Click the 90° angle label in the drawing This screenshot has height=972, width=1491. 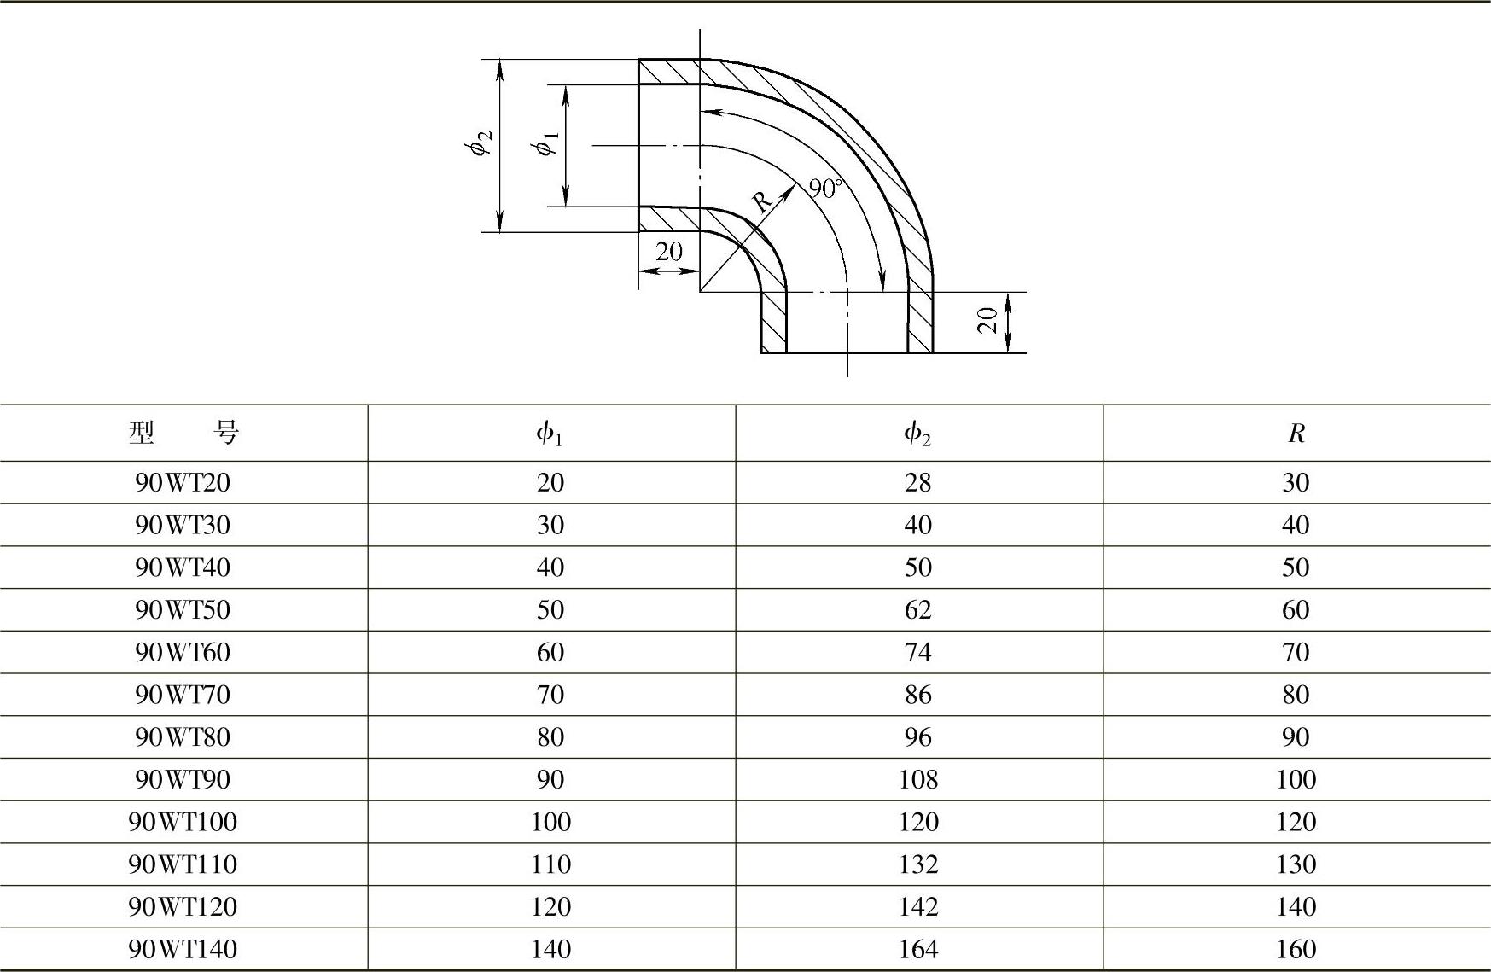825,188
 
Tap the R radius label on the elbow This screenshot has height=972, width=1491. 761,201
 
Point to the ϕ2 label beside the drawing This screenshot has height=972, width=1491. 480,144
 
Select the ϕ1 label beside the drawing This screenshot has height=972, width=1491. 546,144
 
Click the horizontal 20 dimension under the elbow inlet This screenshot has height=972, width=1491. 669,252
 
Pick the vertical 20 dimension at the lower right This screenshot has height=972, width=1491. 988,321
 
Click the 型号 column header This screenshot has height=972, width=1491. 183,434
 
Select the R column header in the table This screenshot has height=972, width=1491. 1296,434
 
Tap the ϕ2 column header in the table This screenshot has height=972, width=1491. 917,434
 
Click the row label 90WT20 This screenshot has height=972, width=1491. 183,483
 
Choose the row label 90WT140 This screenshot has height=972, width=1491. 183,949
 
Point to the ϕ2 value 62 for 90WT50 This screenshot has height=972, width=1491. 917,610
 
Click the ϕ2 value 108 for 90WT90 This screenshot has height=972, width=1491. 917,779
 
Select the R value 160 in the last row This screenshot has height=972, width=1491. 1296,949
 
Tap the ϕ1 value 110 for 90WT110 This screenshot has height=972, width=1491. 550,864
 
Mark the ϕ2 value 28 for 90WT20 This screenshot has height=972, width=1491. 917,483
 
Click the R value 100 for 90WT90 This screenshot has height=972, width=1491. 1296,779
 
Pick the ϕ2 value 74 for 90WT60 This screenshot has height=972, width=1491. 917,652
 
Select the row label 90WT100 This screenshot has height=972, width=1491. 183,822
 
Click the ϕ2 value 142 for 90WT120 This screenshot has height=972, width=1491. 917,906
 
